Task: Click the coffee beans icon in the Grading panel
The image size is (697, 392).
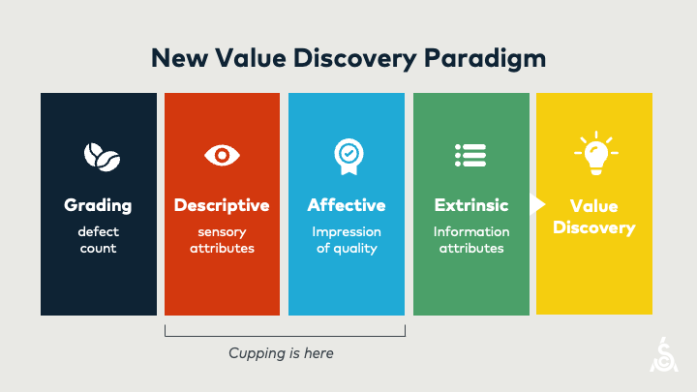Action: click(98, 155)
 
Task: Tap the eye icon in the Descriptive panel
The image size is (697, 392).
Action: click(222, 155)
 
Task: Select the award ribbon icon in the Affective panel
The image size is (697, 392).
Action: click(346, 154)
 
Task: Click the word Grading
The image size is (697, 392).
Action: click(98, 205)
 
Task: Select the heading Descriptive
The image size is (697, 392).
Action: click(222, 205)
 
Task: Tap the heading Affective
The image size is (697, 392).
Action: click(346, 205)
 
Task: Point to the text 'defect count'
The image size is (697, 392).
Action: click(98, 240)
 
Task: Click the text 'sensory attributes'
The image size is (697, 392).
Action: click(222, 240)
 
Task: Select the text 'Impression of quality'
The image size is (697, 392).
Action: click(346, 240)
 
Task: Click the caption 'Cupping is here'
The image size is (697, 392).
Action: click(281, 353)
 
